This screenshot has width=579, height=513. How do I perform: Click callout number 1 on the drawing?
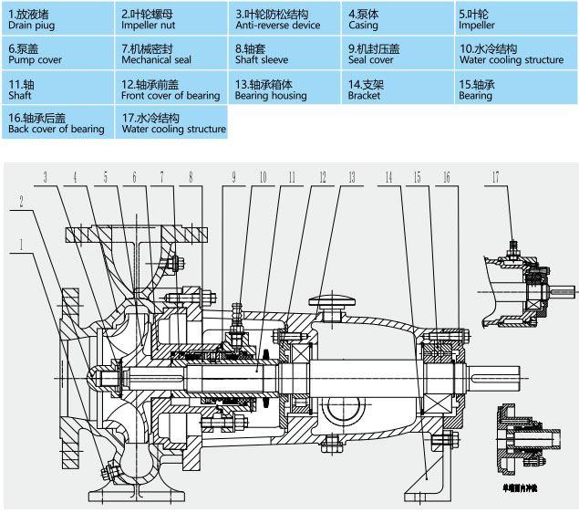19,244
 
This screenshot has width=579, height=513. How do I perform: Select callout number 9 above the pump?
234,176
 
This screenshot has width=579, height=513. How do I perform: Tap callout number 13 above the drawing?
349,176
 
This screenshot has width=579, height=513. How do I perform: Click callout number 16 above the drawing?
447,176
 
